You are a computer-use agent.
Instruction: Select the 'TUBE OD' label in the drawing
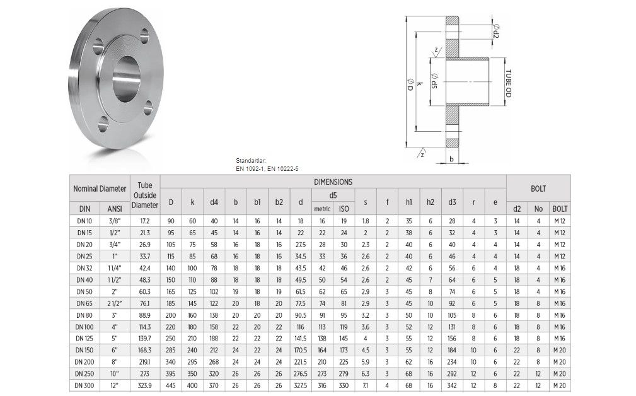pos(508,83)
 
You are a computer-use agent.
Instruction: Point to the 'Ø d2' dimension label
pos(496,30)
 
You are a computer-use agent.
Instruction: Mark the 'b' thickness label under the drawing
pos(452,159)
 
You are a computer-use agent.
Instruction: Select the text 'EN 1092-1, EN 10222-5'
pos(267,169)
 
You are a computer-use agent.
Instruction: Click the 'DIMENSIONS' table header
pos(333,182)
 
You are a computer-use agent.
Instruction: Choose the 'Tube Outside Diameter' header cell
pos(145,195)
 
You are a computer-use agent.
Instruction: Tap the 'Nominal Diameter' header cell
pos(100,188)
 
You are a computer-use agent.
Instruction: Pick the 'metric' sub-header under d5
pos(322,209)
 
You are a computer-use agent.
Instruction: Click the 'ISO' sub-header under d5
pos(344,209)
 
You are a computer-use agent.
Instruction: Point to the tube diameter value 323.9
pos(145,385)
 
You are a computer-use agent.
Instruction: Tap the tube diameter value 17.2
pos(145,221)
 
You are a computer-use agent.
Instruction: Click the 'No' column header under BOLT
pos(538,209)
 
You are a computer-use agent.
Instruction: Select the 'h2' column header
pos(431,202)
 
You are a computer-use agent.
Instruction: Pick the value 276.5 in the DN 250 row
pos(301,374)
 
